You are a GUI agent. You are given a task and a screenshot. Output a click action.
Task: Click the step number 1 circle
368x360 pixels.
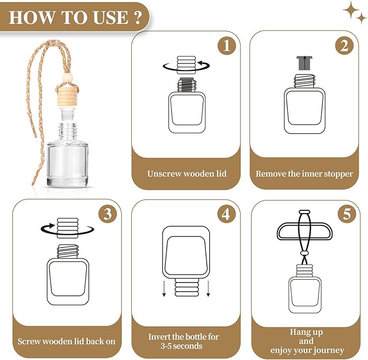pyautogui.click(x=227, y=46)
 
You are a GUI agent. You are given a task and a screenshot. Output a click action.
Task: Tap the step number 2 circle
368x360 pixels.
pyautogui.click(x=344, y=46)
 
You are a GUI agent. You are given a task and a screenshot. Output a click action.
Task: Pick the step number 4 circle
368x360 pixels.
pyautogui.click(x=227, y=214)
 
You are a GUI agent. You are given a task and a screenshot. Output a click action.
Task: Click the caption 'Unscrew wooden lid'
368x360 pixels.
pyautogui.click(x=187, y=174)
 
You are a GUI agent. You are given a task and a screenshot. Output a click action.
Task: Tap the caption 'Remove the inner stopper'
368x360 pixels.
pyautogui.click(x=305, y=174)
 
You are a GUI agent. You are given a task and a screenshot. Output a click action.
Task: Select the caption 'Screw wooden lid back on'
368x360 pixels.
pyautogui.click(x=67, y=342)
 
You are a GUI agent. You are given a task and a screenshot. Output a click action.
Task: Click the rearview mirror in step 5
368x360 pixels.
pyautogui.click(x=306, y=232)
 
